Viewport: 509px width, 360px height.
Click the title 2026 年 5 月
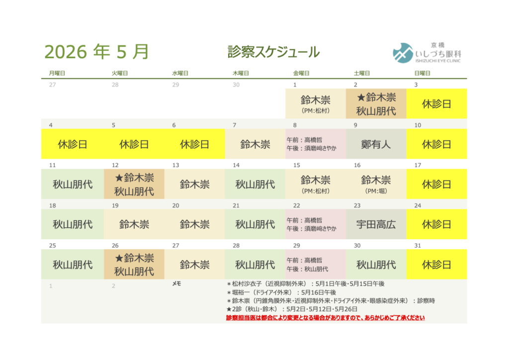click(96, 51)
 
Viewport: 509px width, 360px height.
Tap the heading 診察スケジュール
click(273, 52)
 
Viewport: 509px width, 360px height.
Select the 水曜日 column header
click(180, 73)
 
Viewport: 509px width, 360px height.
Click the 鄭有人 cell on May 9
click(376, 145)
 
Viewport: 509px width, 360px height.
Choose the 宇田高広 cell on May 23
click(376, 224)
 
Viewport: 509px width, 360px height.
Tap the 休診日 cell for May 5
click(134, 145)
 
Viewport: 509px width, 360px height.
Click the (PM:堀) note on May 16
click(376, 191)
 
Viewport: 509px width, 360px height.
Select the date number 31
click(418, 246)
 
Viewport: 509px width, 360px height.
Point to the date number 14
click(236, 165)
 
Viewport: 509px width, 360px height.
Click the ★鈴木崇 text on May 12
click(134, 178)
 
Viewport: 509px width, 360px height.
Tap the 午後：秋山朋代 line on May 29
click(308, 269)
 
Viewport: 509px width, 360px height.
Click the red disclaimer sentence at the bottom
click(325, 318)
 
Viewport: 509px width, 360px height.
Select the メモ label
click(176, 283)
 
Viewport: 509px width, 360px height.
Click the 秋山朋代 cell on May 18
click(73, 224)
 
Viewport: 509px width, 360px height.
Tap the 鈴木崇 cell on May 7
click(255, 145)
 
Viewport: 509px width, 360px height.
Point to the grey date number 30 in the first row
click(236, 85)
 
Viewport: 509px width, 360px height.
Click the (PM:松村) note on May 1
click(315, 111)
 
